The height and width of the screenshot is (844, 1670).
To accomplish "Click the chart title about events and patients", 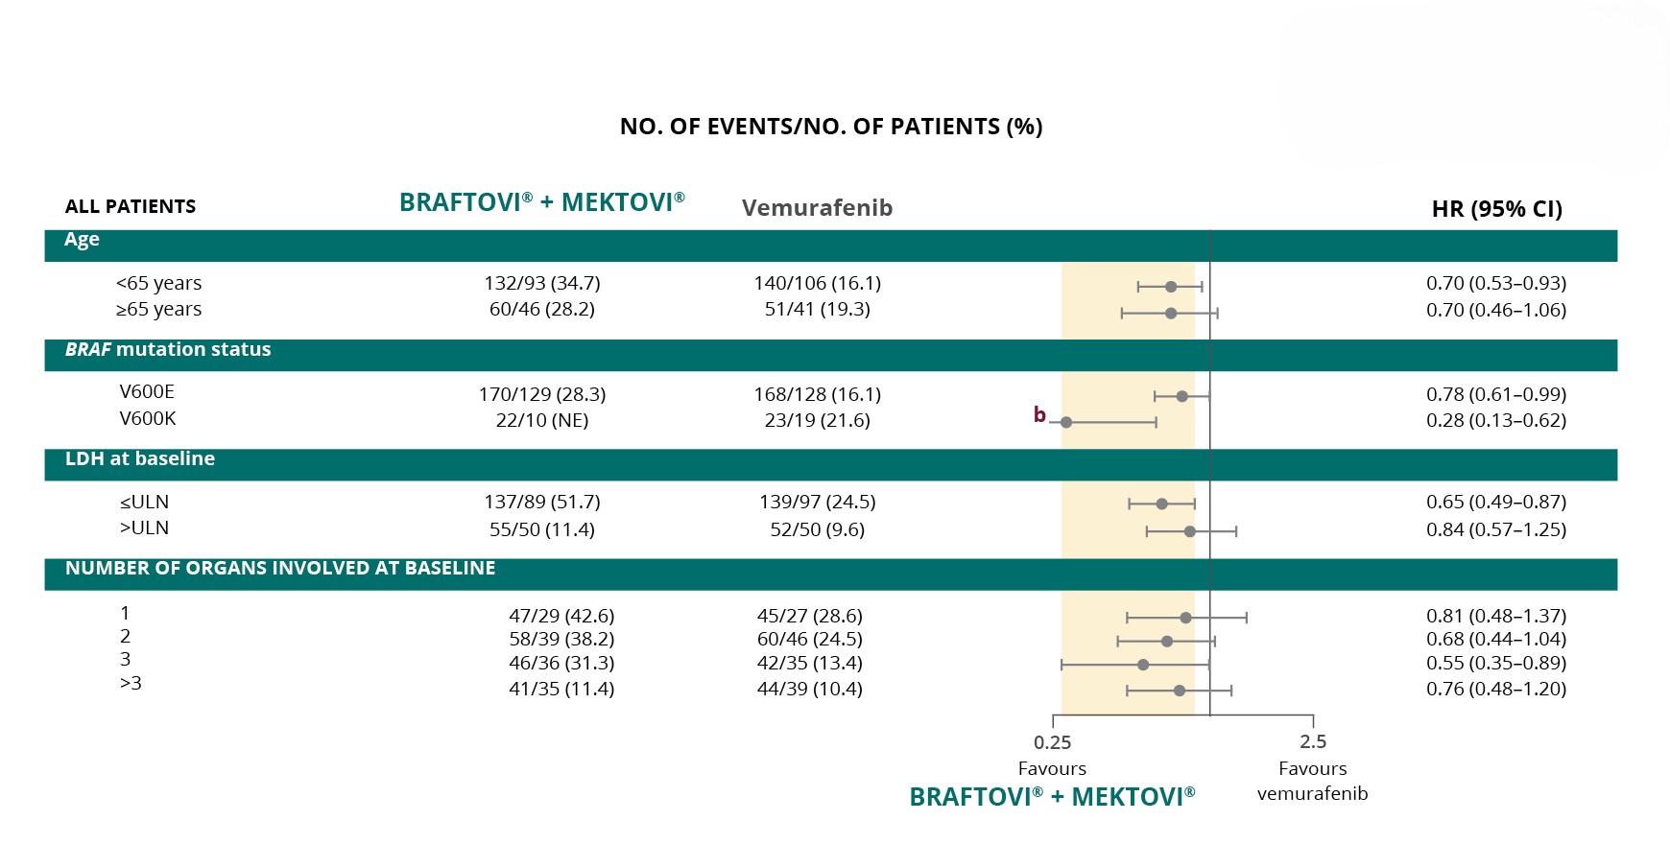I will point(831,127).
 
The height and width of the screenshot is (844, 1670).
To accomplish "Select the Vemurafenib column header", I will point(817,208).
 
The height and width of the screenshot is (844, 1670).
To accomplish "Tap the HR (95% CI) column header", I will point(1496,209).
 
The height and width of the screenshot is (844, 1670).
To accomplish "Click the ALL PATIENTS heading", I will point(131,206).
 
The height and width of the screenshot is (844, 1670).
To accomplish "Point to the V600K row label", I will point(148,418).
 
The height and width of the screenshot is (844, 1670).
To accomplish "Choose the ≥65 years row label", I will point(158,309).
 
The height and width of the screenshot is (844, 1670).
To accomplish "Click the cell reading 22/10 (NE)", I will point(542,420).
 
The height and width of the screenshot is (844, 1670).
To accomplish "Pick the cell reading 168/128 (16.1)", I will point(817,394).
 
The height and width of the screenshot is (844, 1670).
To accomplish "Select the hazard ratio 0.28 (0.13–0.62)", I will point(1495,420).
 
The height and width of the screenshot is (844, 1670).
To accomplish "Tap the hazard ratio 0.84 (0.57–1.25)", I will point(1495,529).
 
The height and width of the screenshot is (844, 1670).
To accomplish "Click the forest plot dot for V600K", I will point(1066,422).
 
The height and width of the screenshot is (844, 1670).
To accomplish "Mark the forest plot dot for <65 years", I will point(1171,287).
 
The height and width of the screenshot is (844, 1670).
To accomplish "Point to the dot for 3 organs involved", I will point(1143,665).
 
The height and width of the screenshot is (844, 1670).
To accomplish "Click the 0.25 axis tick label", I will point(1052,742).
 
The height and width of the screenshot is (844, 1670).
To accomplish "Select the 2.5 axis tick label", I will point(1313,741).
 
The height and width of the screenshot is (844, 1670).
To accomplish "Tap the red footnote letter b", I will point(1039,414).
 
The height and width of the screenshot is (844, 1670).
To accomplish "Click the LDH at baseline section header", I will point(140,458).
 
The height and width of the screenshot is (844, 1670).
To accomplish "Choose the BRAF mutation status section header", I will point(168,349).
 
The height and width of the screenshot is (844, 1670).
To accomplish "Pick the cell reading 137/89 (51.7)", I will point(542,502).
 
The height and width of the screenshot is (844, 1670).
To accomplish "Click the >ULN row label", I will point(144,527).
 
